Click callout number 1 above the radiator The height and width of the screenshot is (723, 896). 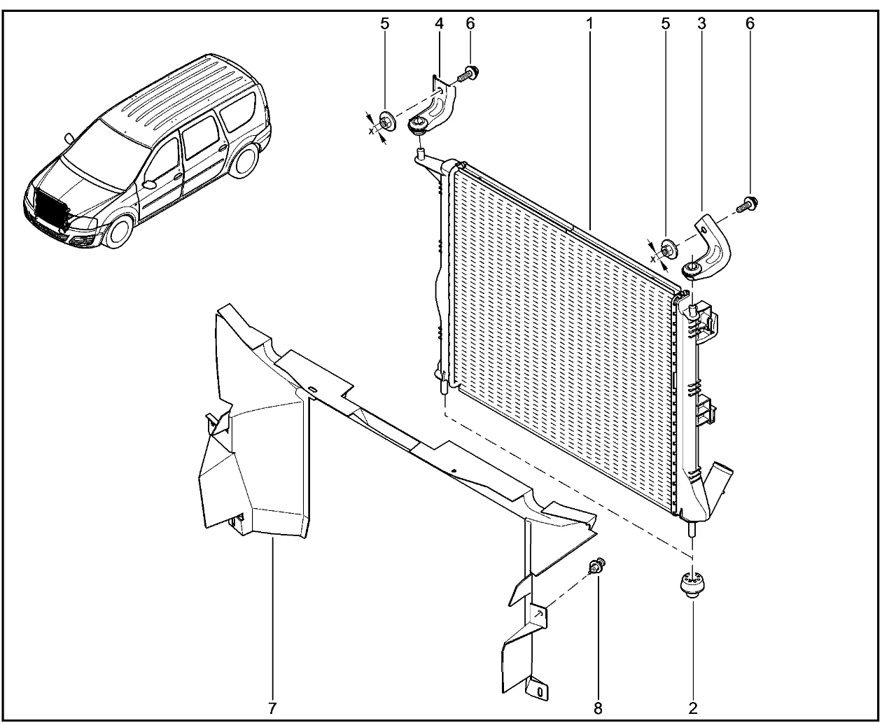[590, 24]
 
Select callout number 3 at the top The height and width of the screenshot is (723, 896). [701, 24]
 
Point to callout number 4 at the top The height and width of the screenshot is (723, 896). [439, 24]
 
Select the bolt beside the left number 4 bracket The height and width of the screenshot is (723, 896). [468, 74]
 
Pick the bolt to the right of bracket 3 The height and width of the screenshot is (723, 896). [747, 205]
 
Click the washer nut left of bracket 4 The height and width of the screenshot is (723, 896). [386, 122]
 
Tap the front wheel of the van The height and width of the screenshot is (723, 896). [119, 232]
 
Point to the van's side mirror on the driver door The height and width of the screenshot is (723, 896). [149, 184]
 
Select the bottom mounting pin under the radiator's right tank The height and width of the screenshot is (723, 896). [692, 528]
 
